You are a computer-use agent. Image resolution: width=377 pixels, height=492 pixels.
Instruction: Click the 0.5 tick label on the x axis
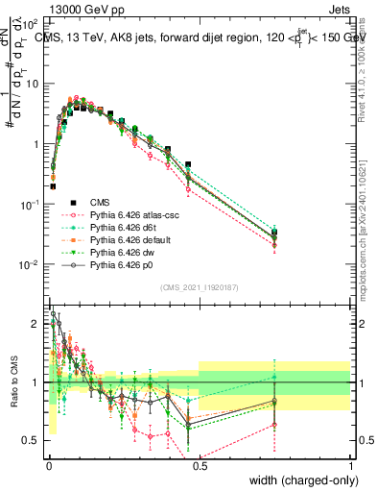coord(199,465)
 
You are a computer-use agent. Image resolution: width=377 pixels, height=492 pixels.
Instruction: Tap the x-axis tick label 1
coord(350,465)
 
